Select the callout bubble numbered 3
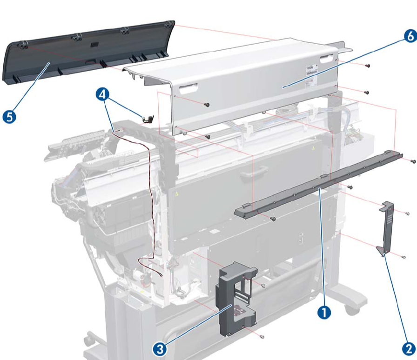(160, 348)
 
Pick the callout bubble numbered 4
(103, 94)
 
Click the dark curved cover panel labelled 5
(84, 53)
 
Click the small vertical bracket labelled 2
(387, 228)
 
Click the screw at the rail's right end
(413, 161)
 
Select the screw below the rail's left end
(274, 218)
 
